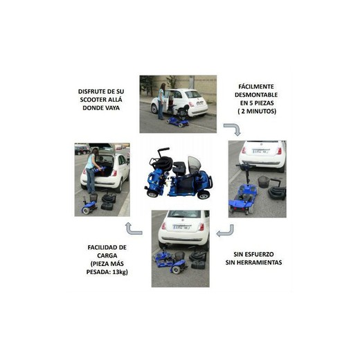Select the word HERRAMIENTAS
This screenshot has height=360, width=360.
[258, 262]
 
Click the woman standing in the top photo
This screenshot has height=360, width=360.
[162, 101]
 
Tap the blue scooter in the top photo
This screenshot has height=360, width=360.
[179, 121]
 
